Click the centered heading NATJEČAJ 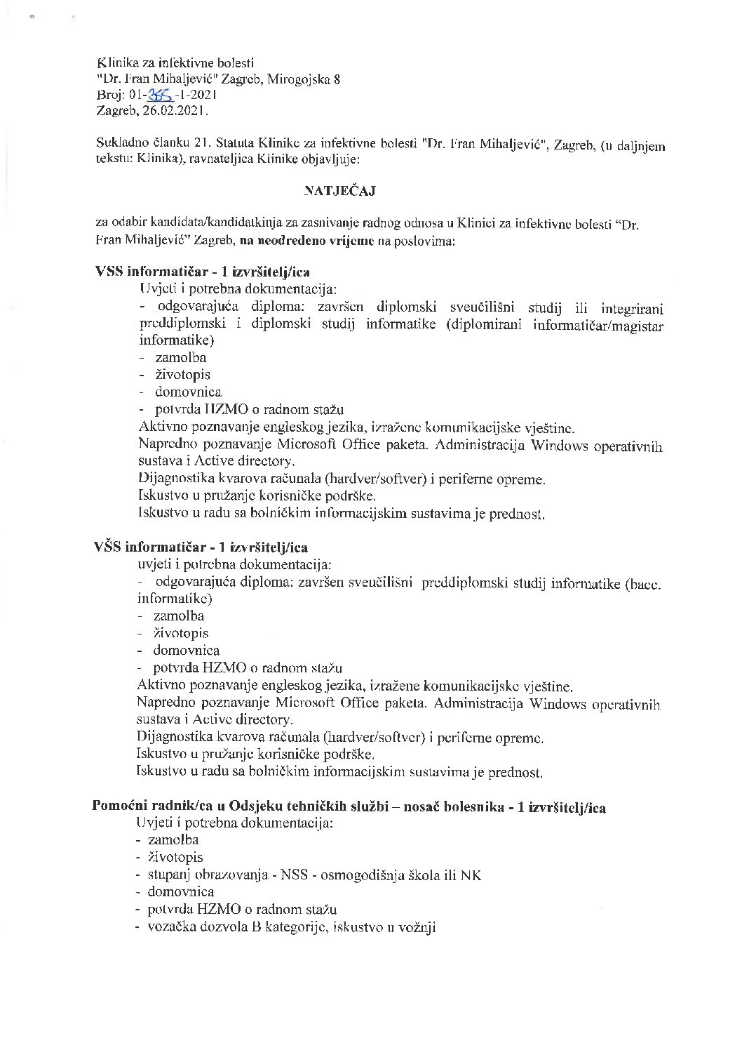click(340, 190)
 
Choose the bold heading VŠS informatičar click(144, 547)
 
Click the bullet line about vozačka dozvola click(291, 926)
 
